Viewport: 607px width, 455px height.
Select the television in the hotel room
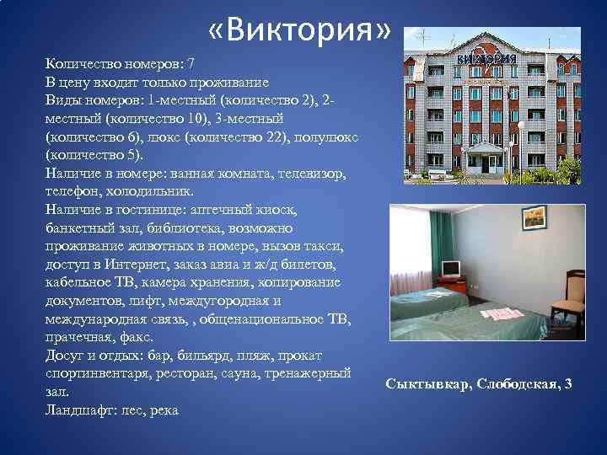pyautogui.click(x=452, y=269)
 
